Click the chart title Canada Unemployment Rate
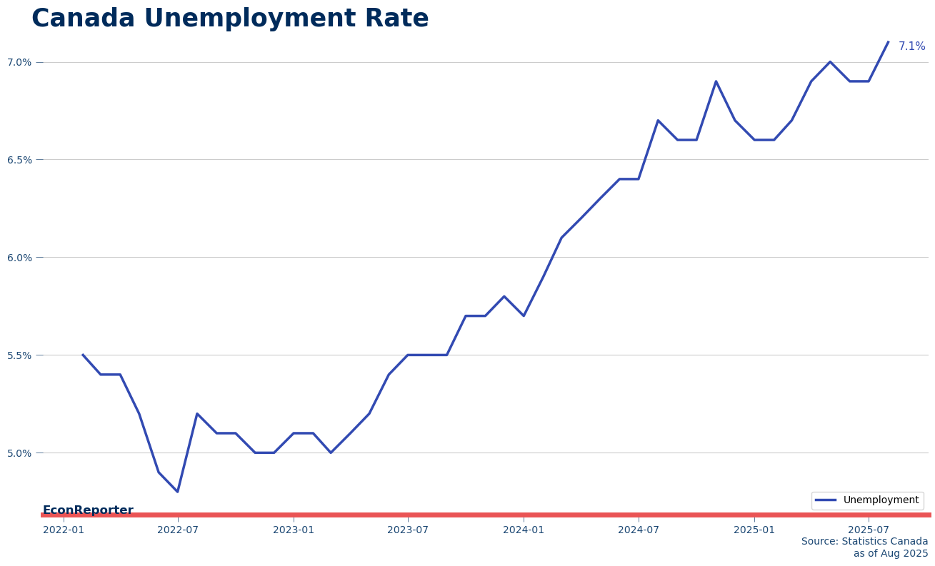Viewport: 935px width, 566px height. (230, 19)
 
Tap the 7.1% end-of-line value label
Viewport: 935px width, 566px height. (911, 46)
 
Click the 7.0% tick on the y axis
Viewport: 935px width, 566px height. (19, 63)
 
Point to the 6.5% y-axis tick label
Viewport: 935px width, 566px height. (19, 160)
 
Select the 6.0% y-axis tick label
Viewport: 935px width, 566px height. (19, 258)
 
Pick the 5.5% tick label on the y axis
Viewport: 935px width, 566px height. (19, 355)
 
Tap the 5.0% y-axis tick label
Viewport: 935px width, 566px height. (19, 453)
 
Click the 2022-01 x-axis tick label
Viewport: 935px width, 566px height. (64, 530)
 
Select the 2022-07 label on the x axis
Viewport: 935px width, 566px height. (178, 530)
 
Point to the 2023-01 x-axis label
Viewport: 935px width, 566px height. (294, 530)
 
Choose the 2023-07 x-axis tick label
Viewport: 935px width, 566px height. (408, 530)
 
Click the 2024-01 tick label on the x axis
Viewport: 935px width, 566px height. (524, 530)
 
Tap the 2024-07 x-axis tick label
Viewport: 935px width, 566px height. (639, 530)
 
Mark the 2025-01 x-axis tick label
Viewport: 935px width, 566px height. (754, 530)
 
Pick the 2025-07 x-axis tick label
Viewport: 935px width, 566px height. (869, 530)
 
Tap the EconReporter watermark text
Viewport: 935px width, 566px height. (88, 510)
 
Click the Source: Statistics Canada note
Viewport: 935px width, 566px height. (864, 542)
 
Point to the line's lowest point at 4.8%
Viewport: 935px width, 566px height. (178, 492)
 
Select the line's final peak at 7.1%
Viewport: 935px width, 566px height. (888, 42)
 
